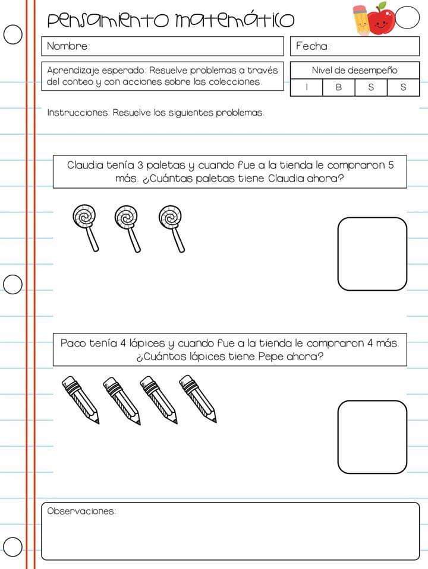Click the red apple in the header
coord(381,19)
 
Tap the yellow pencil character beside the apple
coord(361,20)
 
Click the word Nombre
coord(68,46)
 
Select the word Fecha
coord(313,46)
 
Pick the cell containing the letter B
coord(338,87)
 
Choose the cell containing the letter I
coord(306,87)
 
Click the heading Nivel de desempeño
coord(354,70)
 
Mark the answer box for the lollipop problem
coord(372,254)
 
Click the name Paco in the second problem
coord(73,343)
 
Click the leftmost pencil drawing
coord(80,399)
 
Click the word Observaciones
coord(81,511)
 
